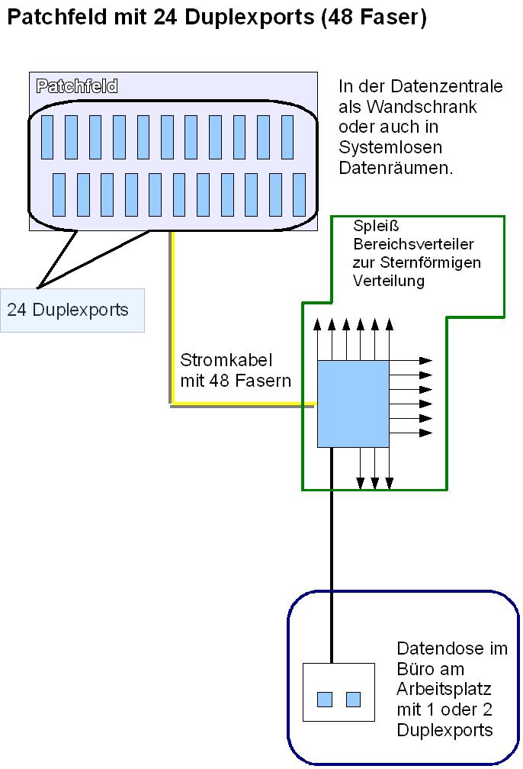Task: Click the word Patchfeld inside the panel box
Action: click(77, 86)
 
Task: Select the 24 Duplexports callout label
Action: click(72, 310)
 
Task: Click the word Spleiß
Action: click(372, 227)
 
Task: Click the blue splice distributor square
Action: click(353, 404)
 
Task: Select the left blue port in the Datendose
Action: click(326, 699)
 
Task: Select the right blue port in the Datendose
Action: click(353, 699)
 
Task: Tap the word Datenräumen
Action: click(396, 168)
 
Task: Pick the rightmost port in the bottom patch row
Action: click(299, 195)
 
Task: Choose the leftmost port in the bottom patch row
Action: click(59, 195)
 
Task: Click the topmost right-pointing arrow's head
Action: click(425, 360)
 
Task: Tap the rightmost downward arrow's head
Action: click(389, 482)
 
